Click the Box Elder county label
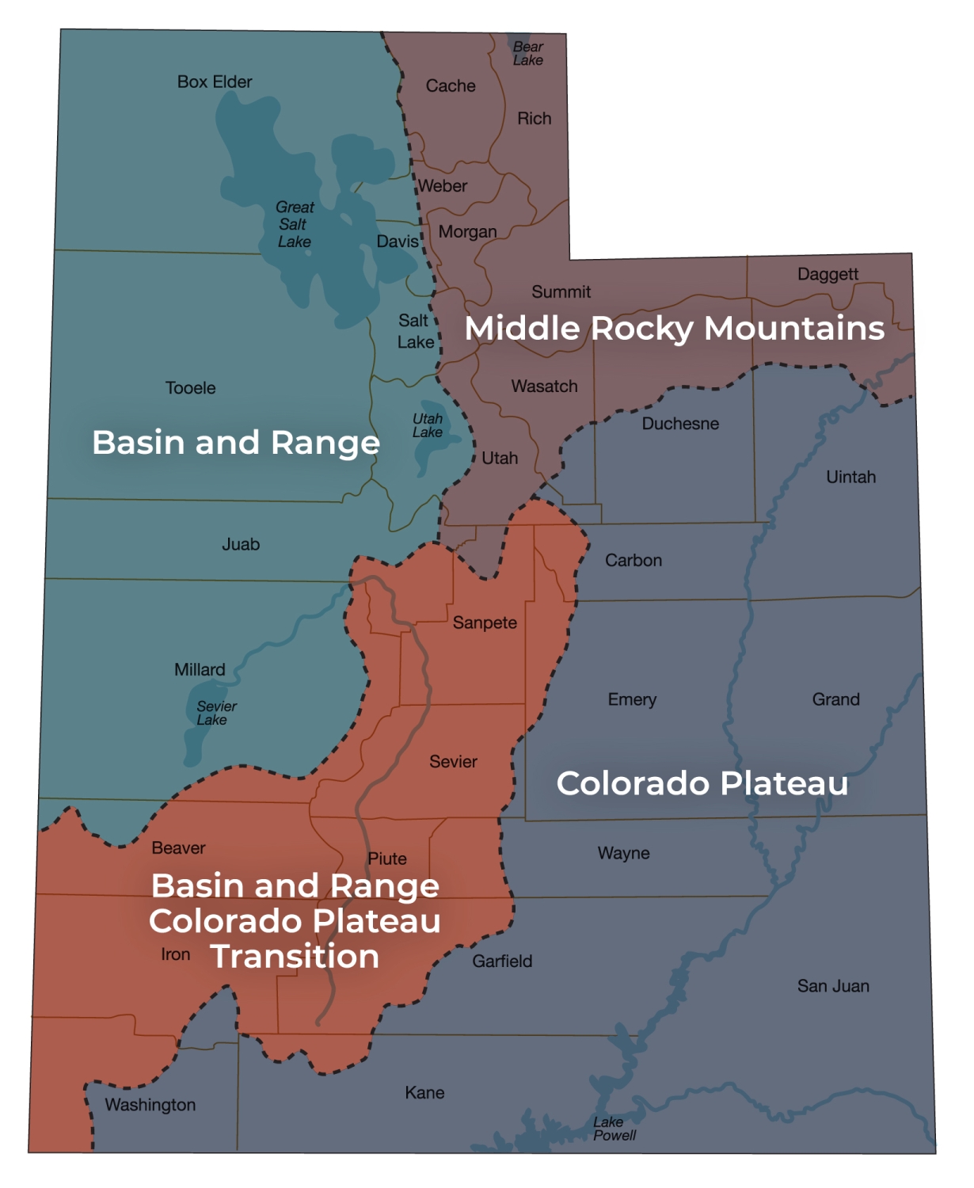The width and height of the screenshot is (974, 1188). [x=215, y=82]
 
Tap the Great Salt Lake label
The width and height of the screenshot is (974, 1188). [x=295, y=224]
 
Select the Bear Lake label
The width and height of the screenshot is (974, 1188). [x=528, y=54]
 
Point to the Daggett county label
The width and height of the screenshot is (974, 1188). [x=828, y=275]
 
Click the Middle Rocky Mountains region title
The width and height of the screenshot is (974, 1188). [x=674, y=329]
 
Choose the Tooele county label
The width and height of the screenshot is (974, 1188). [x=190, y=388]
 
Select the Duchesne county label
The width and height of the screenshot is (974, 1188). [x=680, y=424]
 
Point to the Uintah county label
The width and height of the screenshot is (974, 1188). [x=850, y=477]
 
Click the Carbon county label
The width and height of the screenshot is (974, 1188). [x=633, y=561]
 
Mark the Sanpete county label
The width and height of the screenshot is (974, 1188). [x=485, y=623]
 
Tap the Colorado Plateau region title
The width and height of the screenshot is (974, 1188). [x=702, y=783]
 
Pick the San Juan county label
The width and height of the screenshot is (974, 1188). [x=833, y=986]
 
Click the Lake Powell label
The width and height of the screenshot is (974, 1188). [x=614, y=1129]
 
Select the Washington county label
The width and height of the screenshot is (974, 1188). [x=150, y=1105]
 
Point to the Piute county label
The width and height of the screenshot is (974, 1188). [x=387, y=859]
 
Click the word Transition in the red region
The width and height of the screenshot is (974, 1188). [x=295, y=957]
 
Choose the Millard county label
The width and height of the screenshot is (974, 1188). [x=200, y=670]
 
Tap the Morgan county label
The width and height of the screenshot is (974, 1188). [x=467, y=232]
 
